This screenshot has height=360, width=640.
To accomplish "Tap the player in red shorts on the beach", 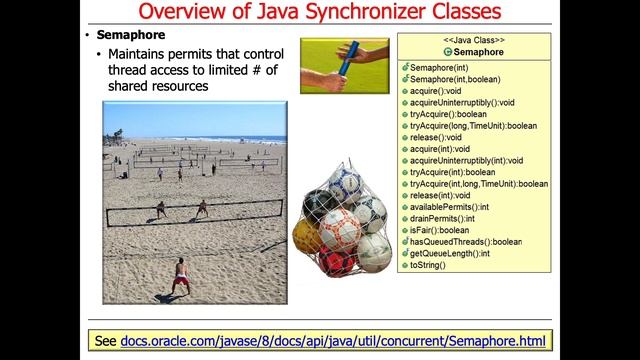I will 180,274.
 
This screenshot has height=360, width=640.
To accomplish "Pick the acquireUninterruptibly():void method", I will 462,103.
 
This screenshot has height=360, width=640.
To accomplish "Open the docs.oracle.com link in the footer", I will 334,341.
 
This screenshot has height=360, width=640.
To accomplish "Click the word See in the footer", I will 105,341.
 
